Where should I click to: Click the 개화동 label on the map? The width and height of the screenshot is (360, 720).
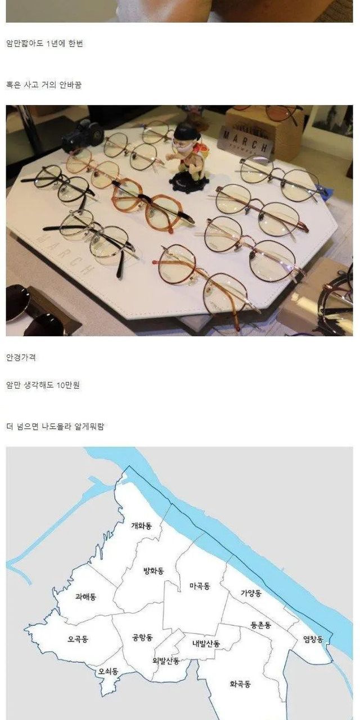coord(141,526)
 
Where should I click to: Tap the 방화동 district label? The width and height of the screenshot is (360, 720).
coord(154,571)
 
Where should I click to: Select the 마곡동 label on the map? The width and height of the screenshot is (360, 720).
coord(200,586)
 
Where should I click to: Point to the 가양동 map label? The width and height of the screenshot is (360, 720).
coord(251,593)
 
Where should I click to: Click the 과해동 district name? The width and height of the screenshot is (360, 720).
coord(85,597)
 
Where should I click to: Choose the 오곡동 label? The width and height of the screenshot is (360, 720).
coord(78,638)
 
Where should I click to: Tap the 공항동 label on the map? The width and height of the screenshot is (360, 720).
coord(142,637)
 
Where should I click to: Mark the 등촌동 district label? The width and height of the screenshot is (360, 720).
coord(260,625)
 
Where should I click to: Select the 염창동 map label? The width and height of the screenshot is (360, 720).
coord(313,640)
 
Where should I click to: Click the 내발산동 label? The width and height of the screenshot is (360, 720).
coord(206,643)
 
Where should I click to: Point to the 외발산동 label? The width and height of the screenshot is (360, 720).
coord(166,661)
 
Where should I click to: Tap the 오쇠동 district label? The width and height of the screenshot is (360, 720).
coord(109,671)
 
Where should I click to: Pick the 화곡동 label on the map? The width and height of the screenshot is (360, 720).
coord(240,684)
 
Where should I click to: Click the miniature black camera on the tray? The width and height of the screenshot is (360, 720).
coord(83,136)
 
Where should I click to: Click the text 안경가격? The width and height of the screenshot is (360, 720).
coord(21,357)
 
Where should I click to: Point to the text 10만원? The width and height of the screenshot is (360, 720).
coord(68,385)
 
